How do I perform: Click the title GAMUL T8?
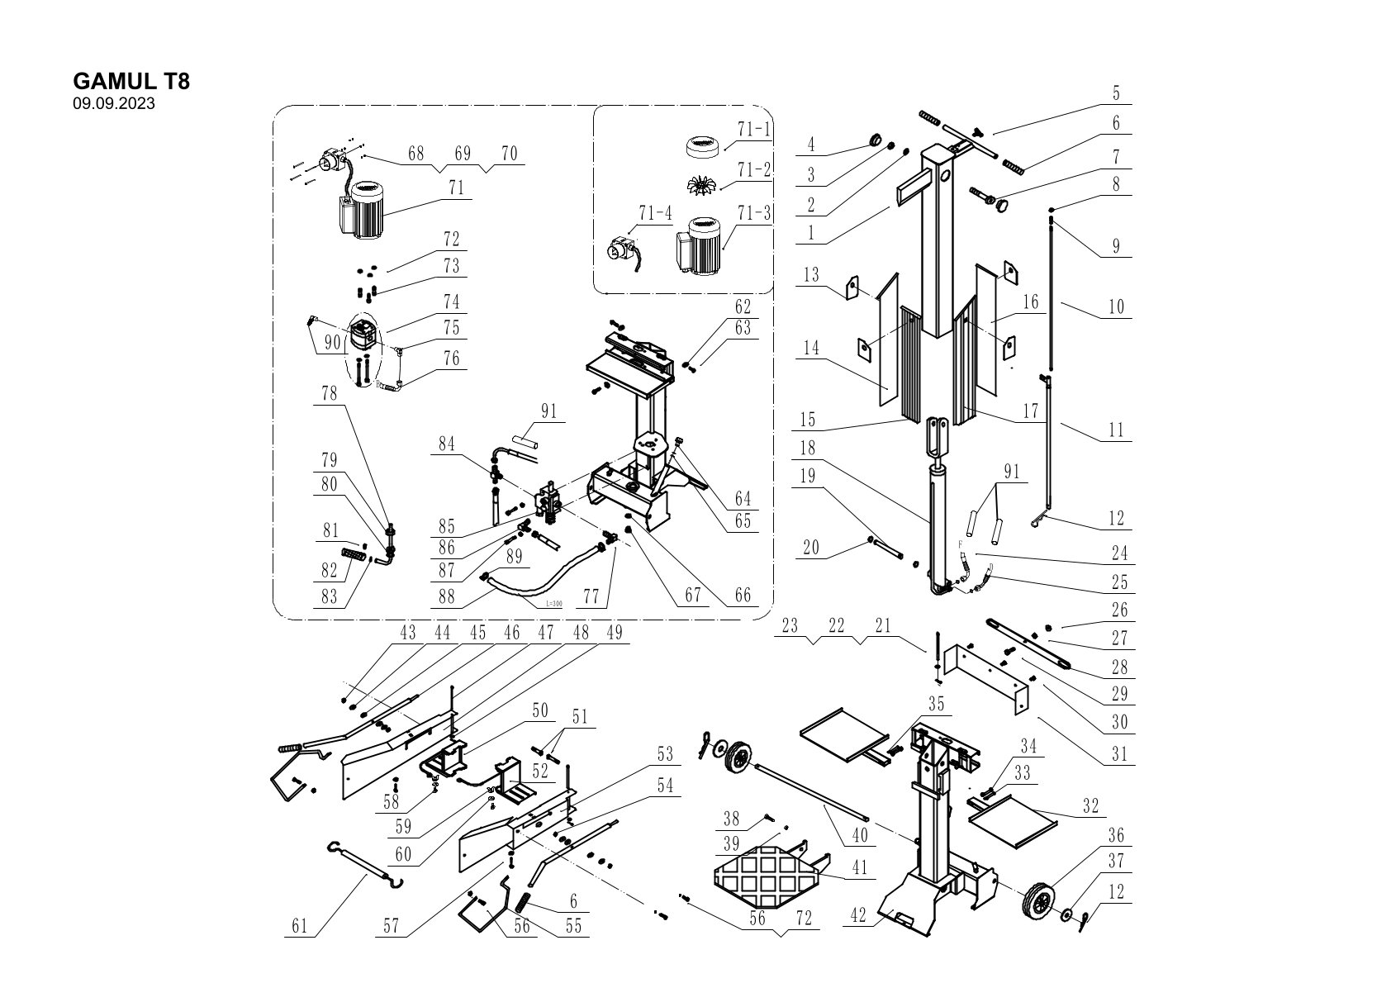pos(131,82)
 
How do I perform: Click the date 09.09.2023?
pos(114,104)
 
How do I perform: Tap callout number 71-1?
pos(753,130)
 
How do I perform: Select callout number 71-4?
pos(654,214)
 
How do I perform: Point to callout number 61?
pos(299,926)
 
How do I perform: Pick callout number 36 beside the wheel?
pos(1117,836)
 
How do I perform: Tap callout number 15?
pos(808,420)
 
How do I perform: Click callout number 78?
pos(329,394)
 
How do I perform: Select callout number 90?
pos(332,342)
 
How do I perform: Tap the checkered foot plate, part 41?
pos(758,877)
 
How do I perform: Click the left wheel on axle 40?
pos(738,757)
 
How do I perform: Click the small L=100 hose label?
pos(553,604)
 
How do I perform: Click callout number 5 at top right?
pos(1116,93)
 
